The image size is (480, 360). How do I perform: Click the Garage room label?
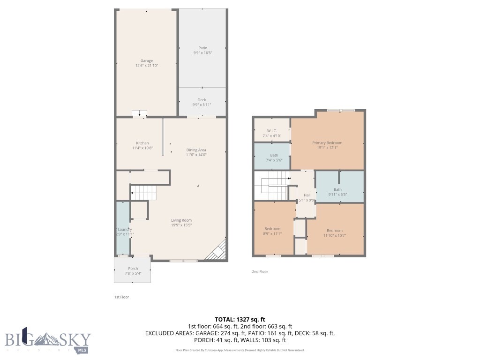[x=147, y=60]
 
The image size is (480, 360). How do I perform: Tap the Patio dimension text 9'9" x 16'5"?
[x=202, y=53]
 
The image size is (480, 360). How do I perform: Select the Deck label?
[x=202, y=99]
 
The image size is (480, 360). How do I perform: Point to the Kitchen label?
[x=142, y=143]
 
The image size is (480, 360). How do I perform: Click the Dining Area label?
[x=196, y=150]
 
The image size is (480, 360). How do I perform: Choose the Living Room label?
[x=181, y=220]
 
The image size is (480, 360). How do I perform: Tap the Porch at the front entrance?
[x=133, y=271]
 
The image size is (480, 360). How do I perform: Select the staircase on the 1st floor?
[x=143, y=192]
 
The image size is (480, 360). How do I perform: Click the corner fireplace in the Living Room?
[x=218, y=252]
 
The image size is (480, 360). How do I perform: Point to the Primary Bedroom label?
[x=327, y=142]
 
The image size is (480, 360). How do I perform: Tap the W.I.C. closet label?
[x=272, y=131]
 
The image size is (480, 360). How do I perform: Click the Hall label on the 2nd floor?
[x=307, y=195]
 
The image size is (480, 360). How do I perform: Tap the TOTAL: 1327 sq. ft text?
[x=240, y=319]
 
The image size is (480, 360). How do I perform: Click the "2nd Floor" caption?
[x=260, y=271]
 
